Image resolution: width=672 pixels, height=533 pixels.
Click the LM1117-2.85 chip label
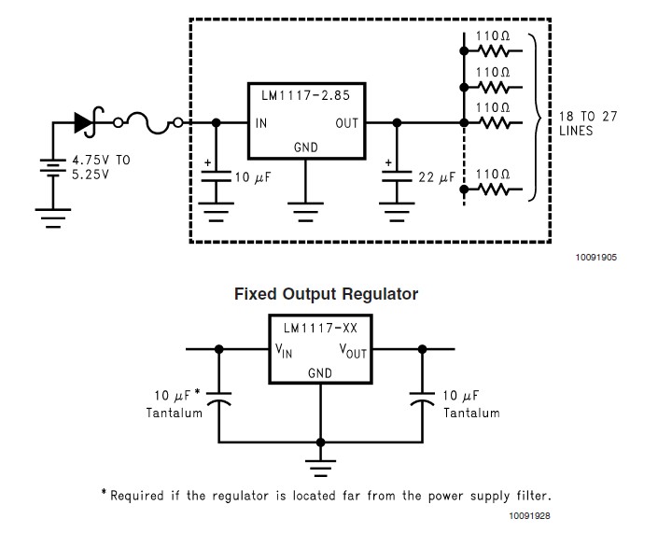click(x=305, y=95)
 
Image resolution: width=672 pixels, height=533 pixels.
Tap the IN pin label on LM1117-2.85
click(x=261, y=123)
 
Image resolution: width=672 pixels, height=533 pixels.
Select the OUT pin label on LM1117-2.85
click(x=346, y=123)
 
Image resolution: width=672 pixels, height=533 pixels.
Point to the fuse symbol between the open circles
click(x=147, y=123)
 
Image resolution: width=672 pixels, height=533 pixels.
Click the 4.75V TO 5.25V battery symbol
click(x=52, y=167)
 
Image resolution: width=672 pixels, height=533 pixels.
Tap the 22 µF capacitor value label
click(x=436, y=177)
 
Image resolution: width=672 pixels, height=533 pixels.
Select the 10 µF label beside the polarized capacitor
click(x=253, y=177)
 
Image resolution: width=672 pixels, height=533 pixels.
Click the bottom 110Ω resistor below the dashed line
click(x=495, y=189)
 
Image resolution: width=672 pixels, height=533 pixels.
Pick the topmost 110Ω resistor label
click(x=493, y=36)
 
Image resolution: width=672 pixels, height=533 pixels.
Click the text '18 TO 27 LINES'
click(x=588, y=123)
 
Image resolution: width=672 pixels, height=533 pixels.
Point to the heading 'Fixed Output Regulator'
click(x=326, y=294)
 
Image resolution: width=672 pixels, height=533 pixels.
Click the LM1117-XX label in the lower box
click(x=320, y=329)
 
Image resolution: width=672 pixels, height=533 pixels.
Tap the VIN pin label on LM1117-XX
click(x=284, y=350)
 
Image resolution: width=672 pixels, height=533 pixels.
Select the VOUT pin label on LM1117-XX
click(x=353, y=350)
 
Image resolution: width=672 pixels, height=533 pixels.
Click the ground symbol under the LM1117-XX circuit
click(x=320, y=468)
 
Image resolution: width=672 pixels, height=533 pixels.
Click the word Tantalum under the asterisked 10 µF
click(x=174, y=413)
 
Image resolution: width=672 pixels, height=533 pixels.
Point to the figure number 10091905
click(x=596, y=257)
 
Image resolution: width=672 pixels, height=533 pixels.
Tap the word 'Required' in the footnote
click(x=137, y=496)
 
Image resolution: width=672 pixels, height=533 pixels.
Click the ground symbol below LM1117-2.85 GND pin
click(x=305, y=212)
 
